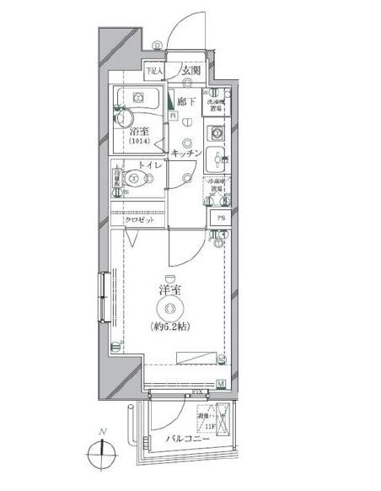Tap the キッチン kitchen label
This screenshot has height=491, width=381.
(x=185, y=154)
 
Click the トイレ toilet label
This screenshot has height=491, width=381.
(x=150, y=168)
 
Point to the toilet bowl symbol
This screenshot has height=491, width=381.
(x=135, y=179)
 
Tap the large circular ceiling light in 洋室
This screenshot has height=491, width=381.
(x=172, y=309)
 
